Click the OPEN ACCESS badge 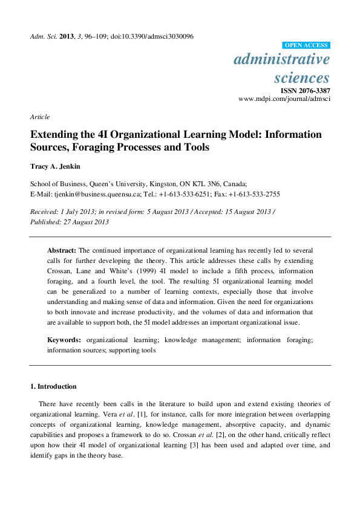click(x=306, y=45)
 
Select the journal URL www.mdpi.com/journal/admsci click(x=284, y=98)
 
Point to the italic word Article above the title click(x=40, y=117)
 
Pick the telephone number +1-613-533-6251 click(x=184, y=195)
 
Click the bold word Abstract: click(x=62, y=250)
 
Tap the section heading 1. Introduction click(x=53, y=386)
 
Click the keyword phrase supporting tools click(x=133, y=349)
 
